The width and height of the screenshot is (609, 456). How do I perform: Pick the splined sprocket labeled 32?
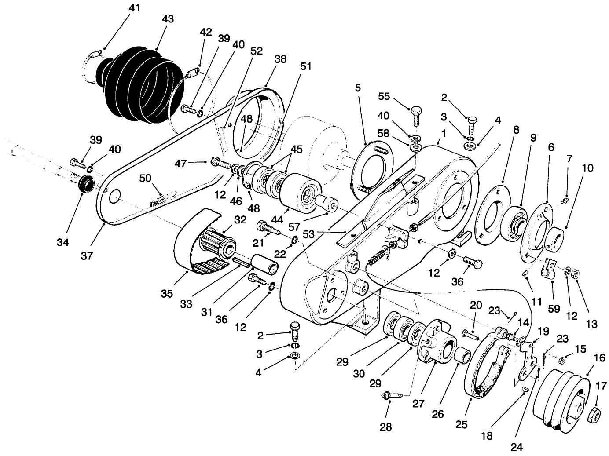click(218, 244)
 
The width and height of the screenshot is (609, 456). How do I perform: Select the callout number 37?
click(87, 255)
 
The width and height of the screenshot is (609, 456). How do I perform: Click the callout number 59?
click(554, 309)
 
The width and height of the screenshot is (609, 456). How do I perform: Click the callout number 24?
click(517, 448)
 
